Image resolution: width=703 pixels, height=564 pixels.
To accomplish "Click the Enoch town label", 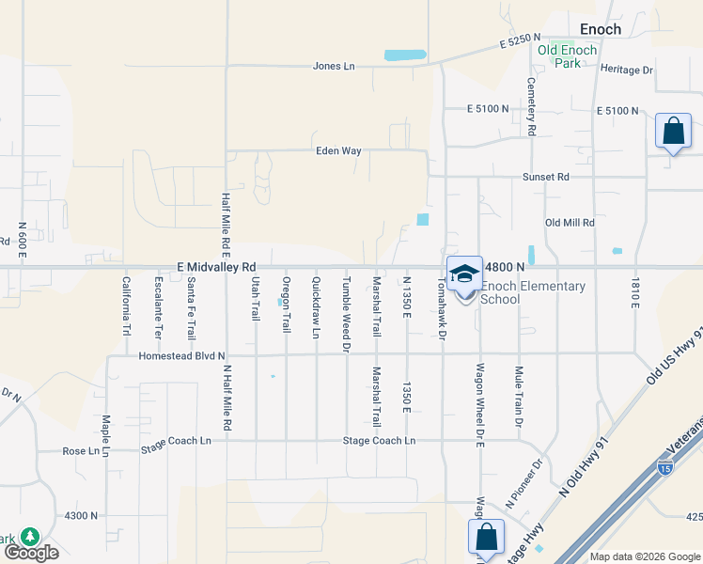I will [x=600, y=29].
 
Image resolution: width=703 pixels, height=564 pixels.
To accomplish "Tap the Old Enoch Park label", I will [x=572, y=56].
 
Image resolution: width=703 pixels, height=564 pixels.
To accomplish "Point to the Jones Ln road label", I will [x=335, y=67].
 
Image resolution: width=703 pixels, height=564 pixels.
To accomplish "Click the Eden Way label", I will [x=338, y=150].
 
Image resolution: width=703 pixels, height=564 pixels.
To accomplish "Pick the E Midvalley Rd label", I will [x=216, y=267].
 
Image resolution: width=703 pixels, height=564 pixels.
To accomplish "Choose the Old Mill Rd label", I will [x=570, y=223].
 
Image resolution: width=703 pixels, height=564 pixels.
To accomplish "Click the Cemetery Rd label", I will [x=531, y=106].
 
